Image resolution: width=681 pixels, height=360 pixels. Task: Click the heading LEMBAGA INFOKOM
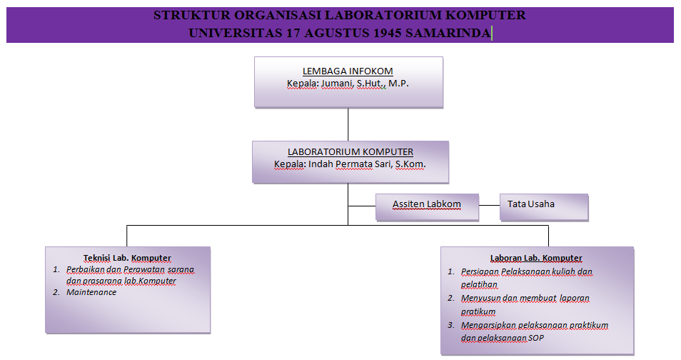tap(348, 71)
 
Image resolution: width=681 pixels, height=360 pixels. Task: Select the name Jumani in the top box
tap(338, 84)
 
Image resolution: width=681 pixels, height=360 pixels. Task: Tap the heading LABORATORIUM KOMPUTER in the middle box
tap(350, 151)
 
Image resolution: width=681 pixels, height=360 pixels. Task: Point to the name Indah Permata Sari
tap(350, 164)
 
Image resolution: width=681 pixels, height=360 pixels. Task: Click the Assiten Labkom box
tap(427, 207)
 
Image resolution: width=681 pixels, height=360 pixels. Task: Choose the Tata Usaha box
tap(544, 207)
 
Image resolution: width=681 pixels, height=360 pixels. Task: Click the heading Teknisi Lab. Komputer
tap(127, 258)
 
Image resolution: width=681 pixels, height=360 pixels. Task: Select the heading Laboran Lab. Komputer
tap(536, 258)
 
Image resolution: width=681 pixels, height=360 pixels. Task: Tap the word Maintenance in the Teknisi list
tap(91, 292)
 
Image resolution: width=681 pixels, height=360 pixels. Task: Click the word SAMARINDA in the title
tap(448, 33)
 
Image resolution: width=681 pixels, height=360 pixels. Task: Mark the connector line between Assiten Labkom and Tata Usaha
tap(490, 205)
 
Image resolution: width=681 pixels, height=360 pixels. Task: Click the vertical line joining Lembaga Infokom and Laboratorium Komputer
tap(348, 124)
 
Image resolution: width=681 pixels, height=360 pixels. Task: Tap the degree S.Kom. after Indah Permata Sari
tap(410, 164)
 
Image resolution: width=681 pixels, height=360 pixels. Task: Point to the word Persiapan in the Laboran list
tap(480, 271)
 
